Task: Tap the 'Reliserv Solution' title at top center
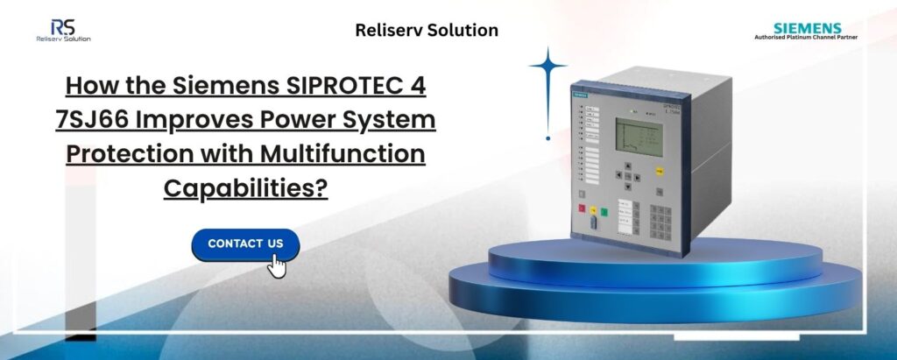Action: [x=427, y=31]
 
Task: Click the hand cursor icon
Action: [x=277, y=265]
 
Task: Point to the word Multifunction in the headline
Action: [x=354, y=153]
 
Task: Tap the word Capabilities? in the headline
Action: [x=245, y=187]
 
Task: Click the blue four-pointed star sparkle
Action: [x=548, y=67]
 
